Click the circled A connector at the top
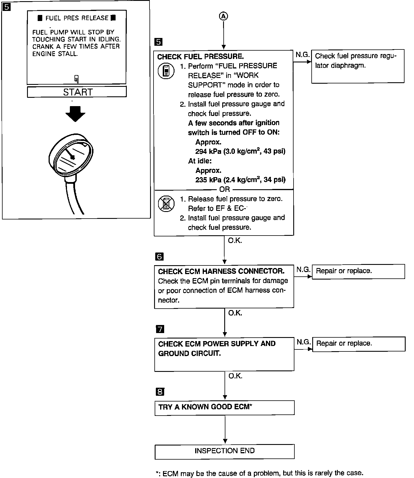[223, 17]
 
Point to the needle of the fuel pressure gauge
[69, 153]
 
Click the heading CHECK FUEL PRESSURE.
[200, 57]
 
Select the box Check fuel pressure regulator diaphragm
[358, 66]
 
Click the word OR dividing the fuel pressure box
[224, 189]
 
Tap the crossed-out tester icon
[166, 204]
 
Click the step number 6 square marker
[159, 257]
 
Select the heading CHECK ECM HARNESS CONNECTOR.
[221, 271]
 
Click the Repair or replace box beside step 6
[358, 271]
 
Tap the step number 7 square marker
[160, 329]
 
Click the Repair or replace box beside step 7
[359, 344]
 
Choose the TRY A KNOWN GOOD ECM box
[224, 408]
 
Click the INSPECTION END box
[224, 451]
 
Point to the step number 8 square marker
[160, 392]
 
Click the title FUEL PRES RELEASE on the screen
[77, 18]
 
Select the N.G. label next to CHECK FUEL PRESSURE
[302, 55]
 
